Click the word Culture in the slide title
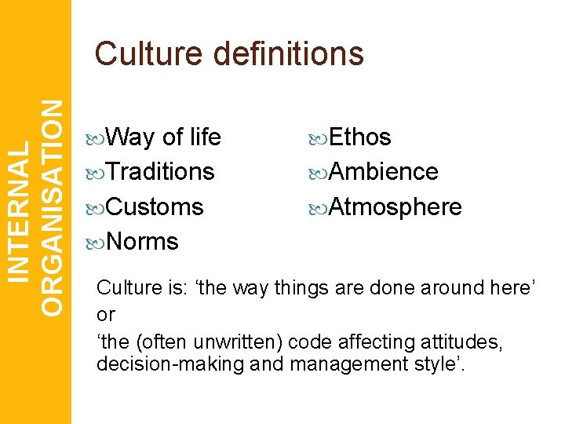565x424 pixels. coord(148,54)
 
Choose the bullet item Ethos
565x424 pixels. coord(359,137)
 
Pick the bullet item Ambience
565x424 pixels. coord(383,171)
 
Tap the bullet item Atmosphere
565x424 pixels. coord(395,207)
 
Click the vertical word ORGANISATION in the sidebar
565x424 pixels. coord(52,207)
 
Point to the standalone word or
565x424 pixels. coord(105,315)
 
